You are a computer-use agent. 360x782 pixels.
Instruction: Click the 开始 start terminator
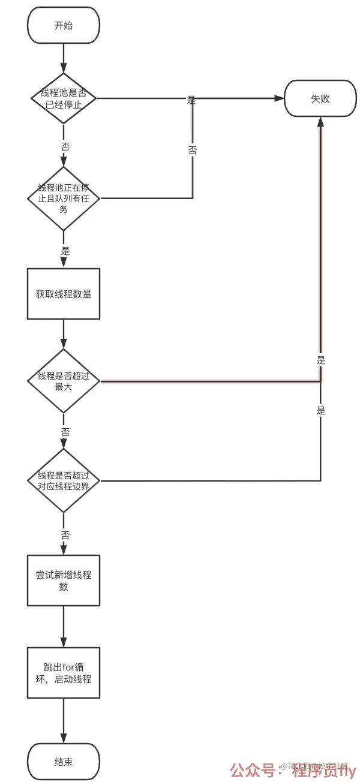[64, 25]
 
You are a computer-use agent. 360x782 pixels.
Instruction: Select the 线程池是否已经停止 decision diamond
[64, 98]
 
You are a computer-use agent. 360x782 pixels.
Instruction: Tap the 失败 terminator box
[320, 98]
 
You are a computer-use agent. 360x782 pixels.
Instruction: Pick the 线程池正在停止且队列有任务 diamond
[64, 198]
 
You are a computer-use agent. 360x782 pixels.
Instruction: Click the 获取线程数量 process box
[64, 294]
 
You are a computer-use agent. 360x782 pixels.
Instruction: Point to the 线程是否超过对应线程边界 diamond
[64, 480]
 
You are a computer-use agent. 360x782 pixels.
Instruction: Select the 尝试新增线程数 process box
[64, 581]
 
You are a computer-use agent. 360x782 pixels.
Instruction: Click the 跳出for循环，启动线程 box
[64, 673]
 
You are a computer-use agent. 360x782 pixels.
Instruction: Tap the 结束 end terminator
[64, 762]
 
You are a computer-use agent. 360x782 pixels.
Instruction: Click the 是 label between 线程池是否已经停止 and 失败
[191, 100]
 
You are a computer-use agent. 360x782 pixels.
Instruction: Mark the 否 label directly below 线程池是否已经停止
[65, 146]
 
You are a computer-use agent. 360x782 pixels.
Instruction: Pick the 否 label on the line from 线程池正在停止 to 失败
[193, 151]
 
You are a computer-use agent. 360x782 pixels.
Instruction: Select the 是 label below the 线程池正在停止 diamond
[65, 251]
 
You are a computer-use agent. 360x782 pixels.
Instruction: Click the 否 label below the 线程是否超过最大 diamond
[65, 432]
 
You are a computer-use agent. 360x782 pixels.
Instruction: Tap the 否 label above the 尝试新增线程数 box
[65, 534]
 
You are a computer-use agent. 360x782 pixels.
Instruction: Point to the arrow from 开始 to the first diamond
[64, 58]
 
